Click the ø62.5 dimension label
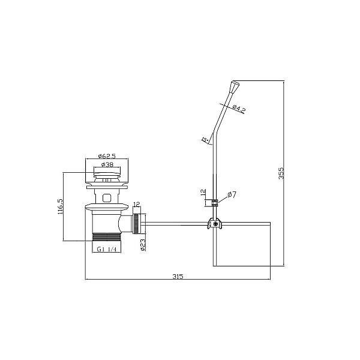pyautogui.click(x=107, y=156)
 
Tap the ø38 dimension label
pyautogui.click(x=107, y=164)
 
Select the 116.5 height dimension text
pyautogui.click(x=60, y=206)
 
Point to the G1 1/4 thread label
pyautogui.click(x=106, y=250)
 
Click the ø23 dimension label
pyautogui.click(x=143, y=245)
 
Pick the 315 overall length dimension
pyautogui.click(x=178, y=277)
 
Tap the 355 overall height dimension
pyautogui.click(x=281, y=173)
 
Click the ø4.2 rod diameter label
pyautogui.click(x=239, y=109)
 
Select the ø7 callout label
pyautogui.click(x=232, y=195)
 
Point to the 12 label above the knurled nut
pyautogui.click(x=136, y=204)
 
